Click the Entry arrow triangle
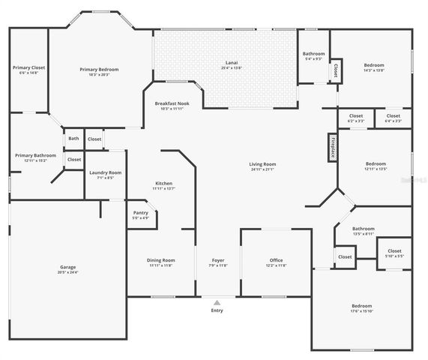pos(217,302)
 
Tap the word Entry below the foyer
pos(217,310)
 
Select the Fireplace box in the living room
pos(331,148)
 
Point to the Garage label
pos(68,267)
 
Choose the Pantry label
pos(140,213)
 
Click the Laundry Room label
pos(105,173)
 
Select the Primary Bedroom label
pos(99,69)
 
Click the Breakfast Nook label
pos(172,103)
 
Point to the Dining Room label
pos(161,260)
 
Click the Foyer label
pos(217,260)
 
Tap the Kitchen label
pos(163,184)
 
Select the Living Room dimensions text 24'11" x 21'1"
pos(262,169)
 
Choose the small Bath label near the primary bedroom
pos(73,138)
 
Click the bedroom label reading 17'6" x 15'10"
pos(362,310)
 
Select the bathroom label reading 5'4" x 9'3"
pos(313,58)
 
